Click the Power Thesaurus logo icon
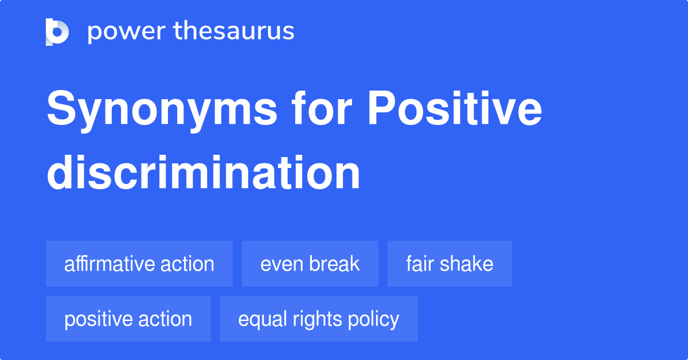tap(57, 32)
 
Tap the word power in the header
tap(118, 32)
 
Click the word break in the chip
tap(334, 264)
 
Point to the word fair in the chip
tap(420, 264)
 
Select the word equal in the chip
tap(258, 319)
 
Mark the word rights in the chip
tap(311, 319)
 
